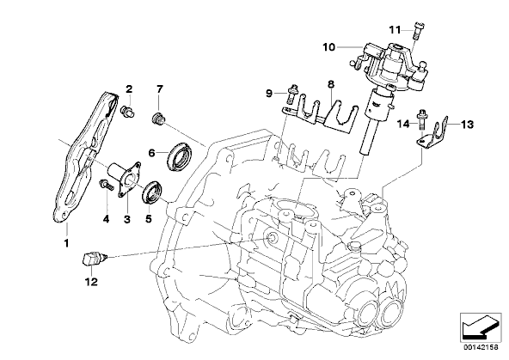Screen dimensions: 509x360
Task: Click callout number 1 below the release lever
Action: click(66, 242)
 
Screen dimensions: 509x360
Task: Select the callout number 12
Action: click(91, 282)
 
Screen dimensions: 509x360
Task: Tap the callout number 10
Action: click(328, 47)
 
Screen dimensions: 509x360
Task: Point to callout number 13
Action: click(467, 125)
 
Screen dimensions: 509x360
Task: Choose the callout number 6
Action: click(151, 152)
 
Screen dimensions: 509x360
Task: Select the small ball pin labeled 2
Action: click(128, 111)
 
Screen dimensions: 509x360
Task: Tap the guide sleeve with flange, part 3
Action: click(125, 177)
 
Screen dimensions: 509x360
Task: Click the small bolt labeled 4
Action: click(106, 186)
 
